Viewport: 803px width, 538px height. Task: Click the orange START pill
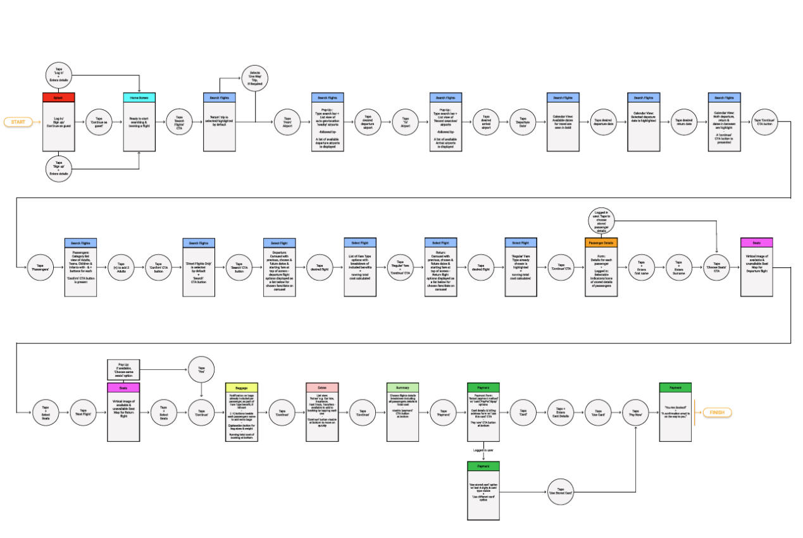tap(18, 121)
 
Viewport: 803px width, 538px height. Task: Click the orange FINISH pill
tap(716, 413)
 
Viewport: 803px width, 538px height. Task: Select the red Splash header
tap(59, 97)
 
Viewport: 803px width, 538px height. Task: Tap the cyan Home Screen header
tap(139, 97)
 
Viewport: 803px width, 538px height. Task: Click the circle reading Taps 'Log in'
tap(59, 75)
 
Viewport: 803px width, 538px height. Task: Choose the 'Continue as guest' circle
tap(99, 121)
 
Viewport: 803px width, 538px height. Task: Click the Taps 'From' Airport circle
tap(287, 121)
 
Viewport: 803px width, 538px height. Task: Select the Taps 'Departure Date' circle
tap(523, 121)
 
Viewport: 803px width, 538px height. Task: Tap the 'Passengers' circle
tap(40, 266)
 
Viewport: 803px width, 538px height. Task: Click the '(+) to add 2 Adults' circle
tap(121, 266)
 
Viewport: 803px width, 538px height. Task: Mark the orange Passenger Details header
tap(602, 243)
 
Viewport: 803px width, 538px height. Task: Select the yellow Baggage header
tap(242, 387)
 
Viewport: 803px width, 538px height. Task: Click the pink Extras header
tap(322, 387)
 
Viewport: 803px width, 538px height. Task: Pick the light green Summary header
tap(403, 387)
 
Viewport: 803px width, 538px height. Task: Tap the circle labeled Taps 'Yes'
tap(201, 369)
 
